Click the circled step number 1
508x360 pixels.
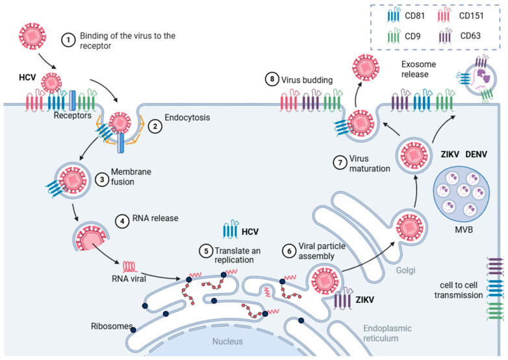tap(68, 40)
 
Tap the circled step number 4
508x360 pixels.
tap(123, 222)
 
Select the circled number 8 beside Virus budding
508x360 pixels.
tap(272, 79)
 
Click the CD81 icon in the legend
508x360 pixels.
tap(394, 16)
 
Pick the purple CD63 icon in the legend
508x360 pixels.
tap(446, 36)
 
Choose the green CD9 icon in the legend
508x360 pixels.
tap(394, 36)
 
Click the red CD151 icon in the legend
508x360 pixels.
tap(444, 16)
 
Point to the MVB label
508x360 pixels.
tap(464, 230)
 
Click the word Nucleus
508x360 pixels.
tap(227, 341)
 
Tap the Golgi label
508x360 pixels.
tap(405, 270)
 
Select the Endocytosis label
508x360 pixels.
tap(187, 118)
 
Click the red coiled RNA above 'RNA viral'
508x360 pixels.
tap(129, 266)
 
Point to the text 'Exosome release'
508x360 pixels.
tap(418, 69)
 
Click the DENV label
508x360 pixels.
tap(476, 155)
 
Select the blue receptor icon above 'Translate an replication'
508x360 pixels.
tap(231, 229)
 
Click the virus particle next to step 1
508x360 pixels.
tap(32, 36)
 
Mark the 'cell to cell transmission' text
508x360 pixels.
tap(459, 290)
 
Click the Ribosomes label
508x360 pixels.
tap(112, 326)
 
